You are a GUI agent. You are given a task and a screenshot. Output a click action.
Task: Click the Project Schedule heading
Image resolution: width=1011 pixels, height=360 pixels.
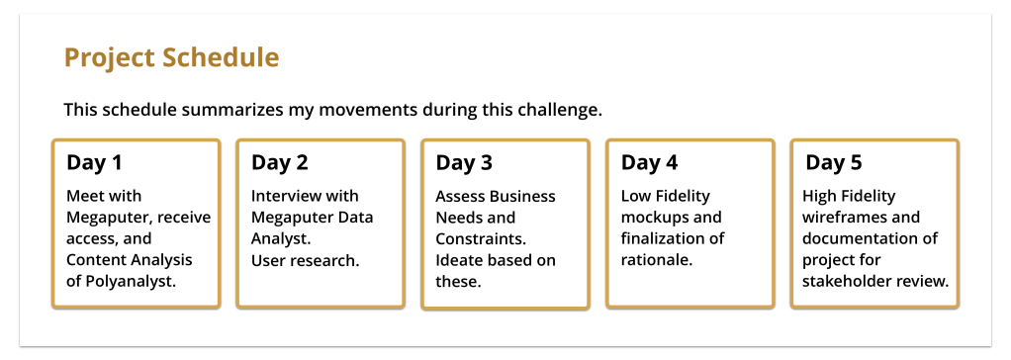(x=171, y=58)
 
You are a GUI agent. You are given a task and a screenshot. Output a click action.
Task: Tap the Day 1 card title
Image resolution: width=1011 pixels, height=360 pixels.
(x=94, y=163)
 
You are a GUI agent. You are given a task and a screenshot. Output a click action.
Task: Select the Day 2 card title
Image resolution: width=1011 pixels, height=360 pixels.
(x=280, y=163)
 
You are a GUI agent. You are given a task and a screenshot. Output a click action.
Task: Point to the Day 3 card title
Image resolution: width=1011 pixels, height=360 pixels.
(x=464, y=163)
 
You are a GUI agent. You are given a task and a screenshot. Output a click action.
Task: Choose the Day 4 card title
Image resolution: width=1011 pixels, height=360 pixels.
(x=649, y=163)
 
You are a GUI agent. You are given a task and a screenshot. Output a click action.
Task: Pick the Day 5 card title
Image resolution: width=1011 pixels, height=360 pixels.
(x=834, y=163)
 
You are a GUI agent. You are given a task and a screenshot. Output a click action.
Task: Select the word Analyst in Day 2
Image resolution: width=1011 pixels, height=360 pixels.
(x=281, y=239)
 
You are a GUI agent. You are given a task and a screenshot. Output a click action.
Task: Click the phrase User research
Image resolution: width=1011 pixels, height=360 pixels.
(x=305, y=261)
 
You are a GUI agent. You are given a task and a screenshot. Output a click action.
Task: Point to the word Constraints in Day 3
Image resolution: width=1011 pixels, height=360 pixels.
(x=482, y=238)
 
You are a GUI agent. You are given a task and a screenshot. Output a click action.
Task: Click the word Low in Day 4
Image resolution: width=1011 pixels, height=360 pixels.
(x=634, y=196)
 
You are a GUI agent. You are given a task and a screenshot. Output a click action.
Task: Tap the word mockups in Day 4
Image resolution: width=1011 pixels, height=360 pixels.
(x=652, y=218)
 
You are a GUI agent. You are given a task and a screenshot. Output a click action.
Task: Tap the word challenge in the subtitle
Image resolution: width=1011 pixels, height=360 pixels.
(x=560, y=111)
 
